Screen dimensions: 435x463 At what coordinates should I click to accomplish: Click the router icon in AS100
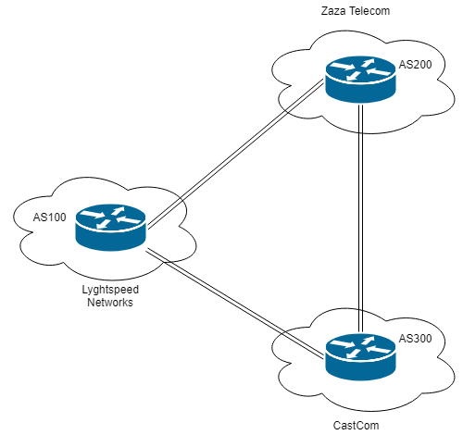tap(112, 227)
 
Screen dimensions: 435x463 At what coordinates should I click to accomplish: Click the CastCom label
tap(357, 425)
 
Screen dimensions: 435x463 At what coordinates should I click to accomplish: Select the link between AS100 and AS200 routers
tap(235, 155)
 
